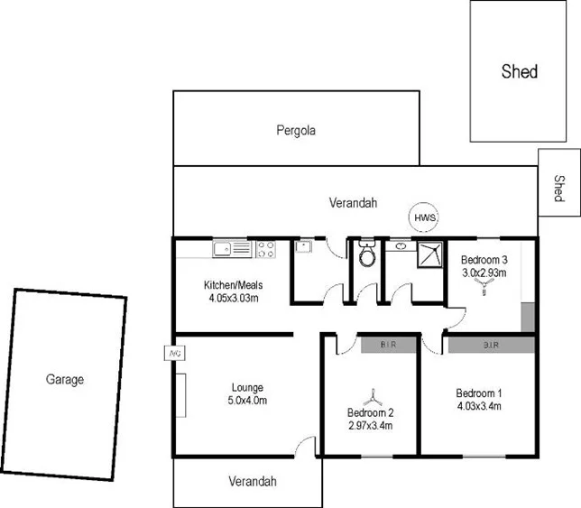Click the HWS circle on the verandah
tap(424, 217)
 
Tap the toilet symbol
tap(367, 255)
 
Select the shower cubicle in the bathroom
tap(429, 256)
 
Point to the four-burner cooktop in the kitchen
tap(266, 249)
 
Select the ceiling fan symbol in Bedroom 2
tap(371, 396)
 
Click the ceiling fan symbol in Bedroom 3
tap(486, 288)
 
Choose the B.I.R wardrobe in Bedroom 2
tap(388, 344)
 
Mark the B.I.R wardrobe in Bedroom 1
tap(492, 344)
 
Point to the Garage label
tap(65, 380)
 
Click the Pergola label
tap(296, 130)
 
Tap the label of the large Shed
tap(519, 71)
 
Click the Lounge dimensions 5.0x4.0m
tap(247, 401)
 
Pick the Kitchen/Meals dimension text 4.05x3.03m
tap(233, 297)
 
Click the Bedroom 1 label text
tap(478, 393)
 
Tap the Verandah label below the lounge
tap(252, 481)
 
